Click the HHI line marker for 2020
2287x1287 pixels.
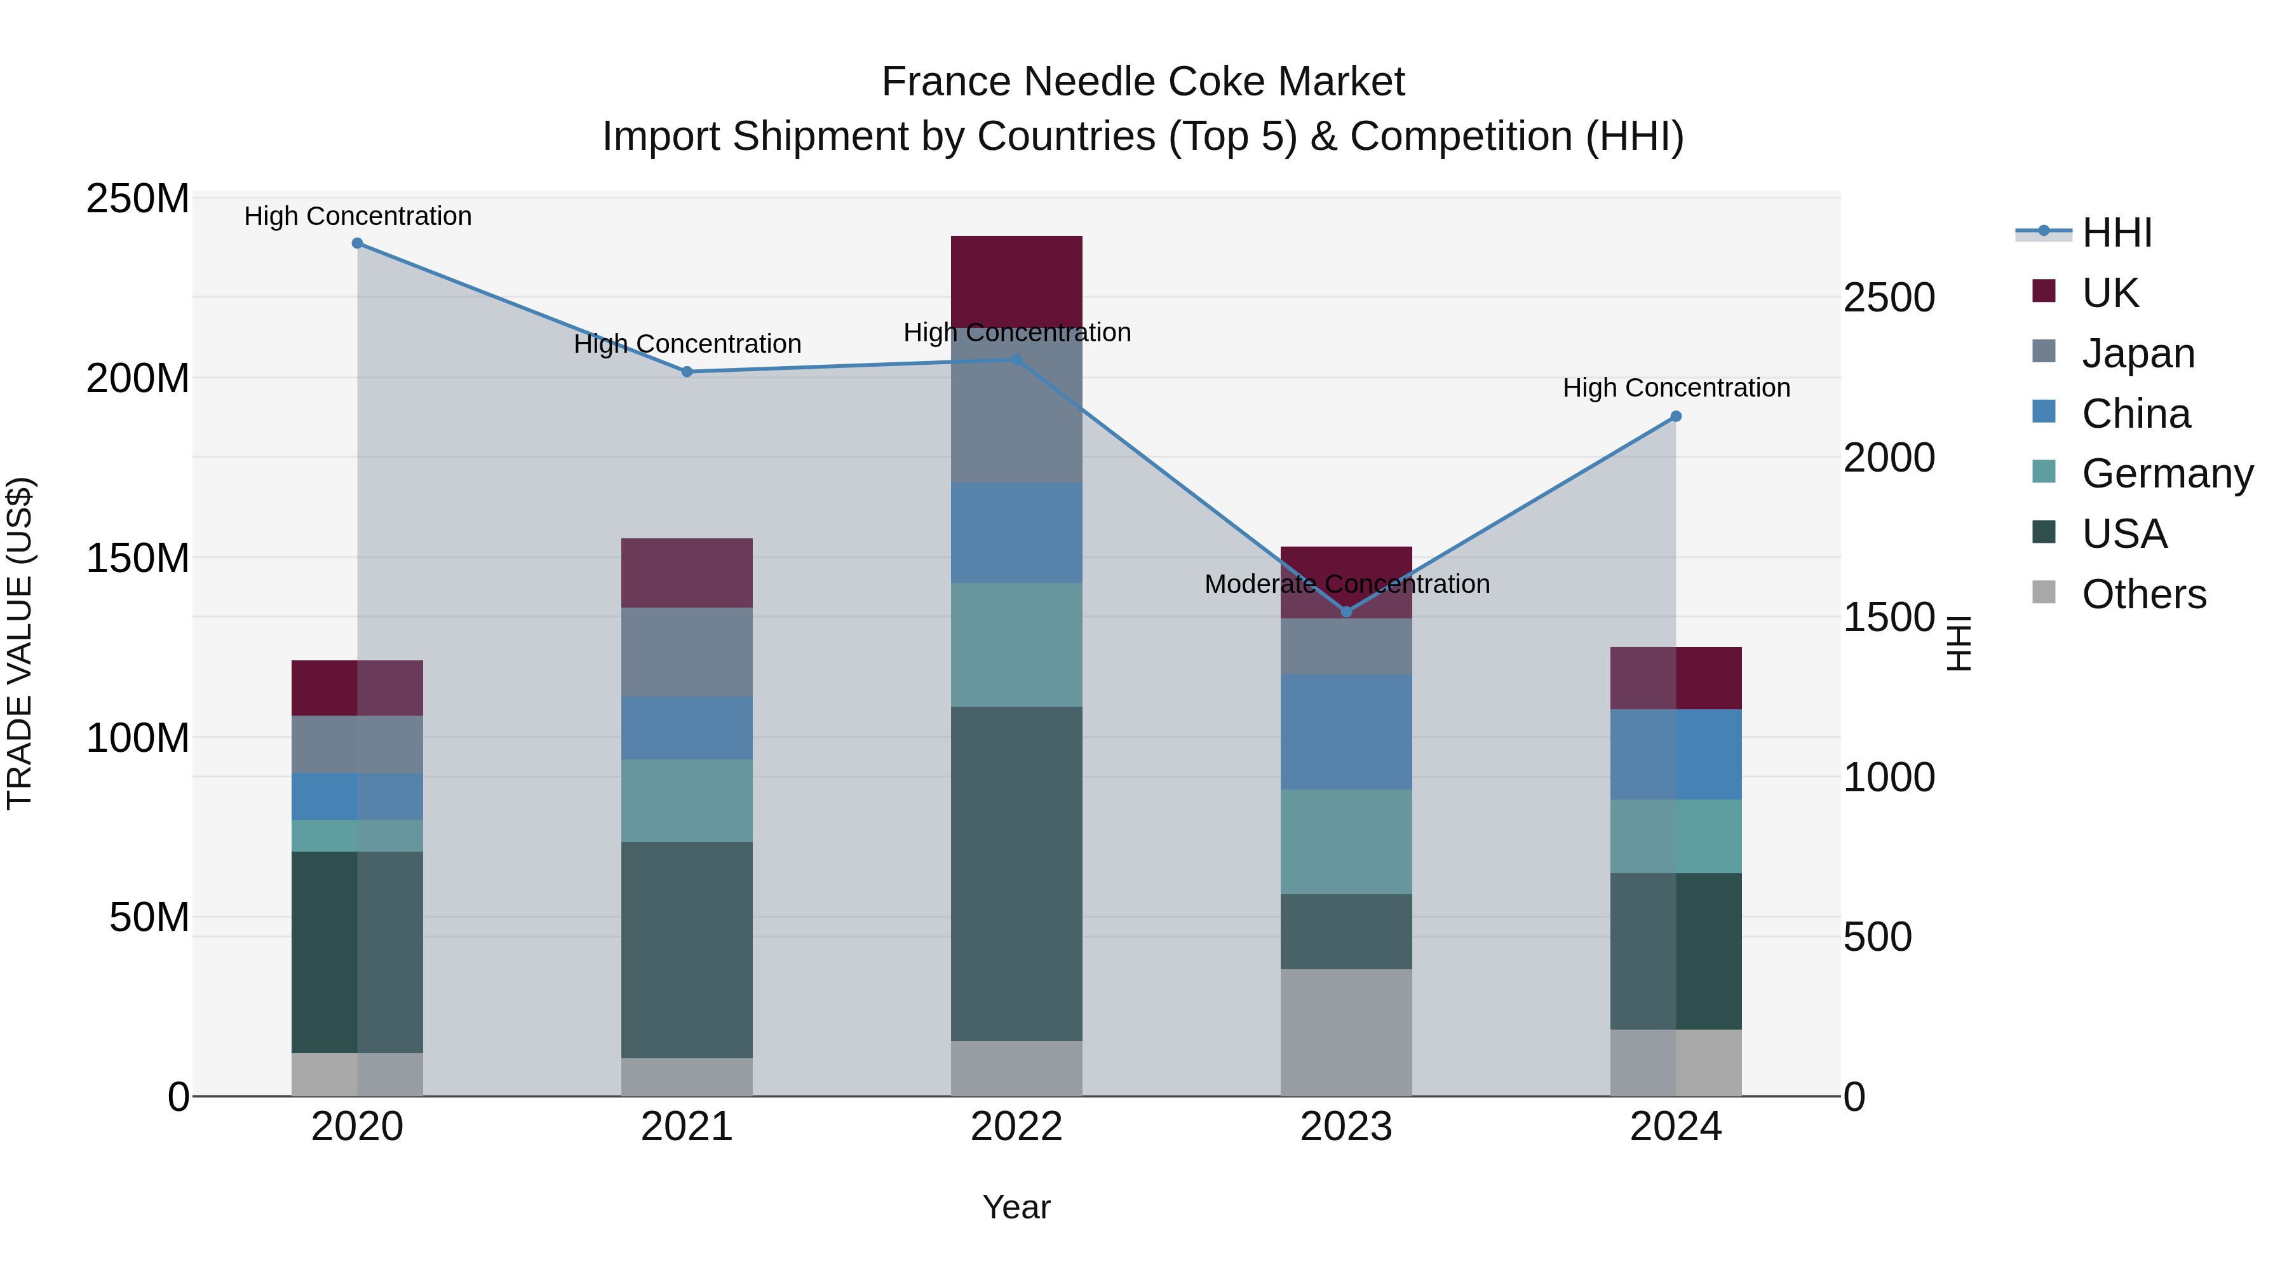click(357, 243)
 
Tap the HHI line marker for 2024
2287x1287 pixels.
click(1675, 416)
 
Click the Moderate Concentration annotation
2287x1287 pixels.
click(1346, 585)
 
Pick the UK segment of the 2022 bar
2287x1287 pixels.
click(1016, 281)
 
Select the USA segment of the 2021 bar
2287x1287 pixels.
click(686, 950)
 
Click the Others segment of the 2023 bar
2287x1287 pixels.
click(1346, 1032)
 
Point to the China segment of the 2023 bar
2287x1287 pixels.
click(1346, 732)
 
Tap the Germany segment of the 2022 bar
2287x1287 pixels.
click(1016, 645)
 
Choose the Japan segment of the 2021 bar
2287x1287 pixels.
click(686, 652)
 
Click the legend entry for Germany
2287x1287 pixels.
click(2166, 473)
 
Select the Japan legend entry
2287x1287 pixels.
click(2138, 353)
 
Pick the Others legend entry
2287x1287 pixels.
click(2143, 594)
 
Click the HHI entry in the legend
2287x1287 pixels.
click(2117, 233)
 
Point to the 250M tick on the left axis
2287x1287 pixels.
click(138, 199)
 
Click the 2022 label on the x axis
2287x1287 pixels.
click(1016, 1127)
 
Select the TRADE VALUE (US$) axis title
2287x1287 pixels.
click(20, 643)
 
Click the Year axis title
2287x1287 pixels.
click(1016, 1207)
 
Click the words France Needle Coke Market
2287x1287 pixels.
click(1143, 82)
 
